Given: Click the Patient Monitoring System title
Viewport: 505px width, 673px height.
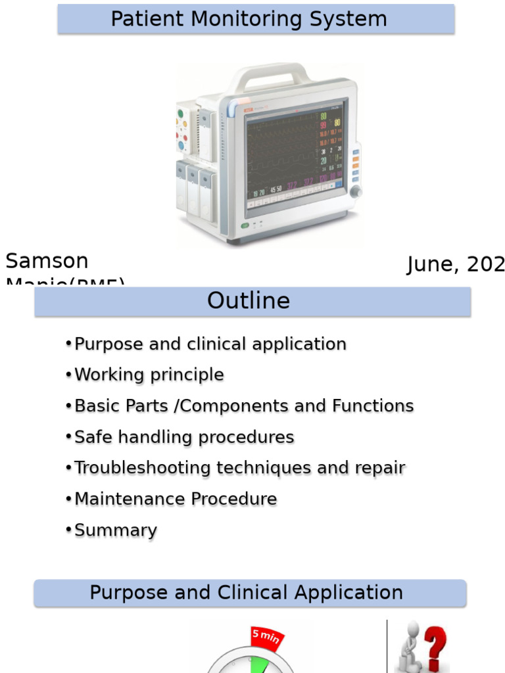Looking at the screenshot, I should pyautogui.click(x=249, y=19).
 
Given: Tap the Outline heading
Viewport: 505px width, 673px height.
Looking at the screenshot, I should pyautogui.click(x=249, y=301).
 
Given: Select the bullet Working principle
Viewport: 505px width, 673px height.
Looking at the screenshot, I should pyautogui.click(x=149, y=375).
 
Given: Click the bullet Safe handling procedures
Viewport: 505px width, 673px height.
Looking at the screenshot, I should pyautogui.click(x=184, y=437).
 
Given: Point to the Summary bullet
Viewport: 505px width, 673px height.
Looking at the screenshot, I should pyautogui.click(x=116, y=530).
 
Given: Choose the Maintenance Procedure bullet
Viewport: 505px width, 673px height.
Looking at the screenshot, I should pyautogui.click(x=176, y=499).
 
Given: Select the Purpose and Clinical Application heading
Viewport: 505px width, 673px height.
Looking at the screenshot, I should pyautogui.click(x=247, y=593).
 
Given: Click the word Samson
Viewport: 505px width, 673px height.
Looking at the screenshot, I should pyautogui.click(x=47, y=261).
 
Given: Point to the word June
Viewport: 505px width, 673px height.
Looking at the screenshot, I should pyautogui.click(x=431, y=264).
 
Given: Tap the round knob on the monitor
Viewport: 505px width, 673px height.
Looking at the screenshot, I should pyautogui.click(x=356, y=191).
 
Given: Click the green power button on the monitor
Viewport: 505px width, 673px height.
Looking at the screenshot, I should pyautogui.click(x=245, y=225).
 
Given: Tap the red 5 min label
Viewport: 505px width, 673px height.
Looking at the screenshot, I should pyautogui.click(x=266, y=636).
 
